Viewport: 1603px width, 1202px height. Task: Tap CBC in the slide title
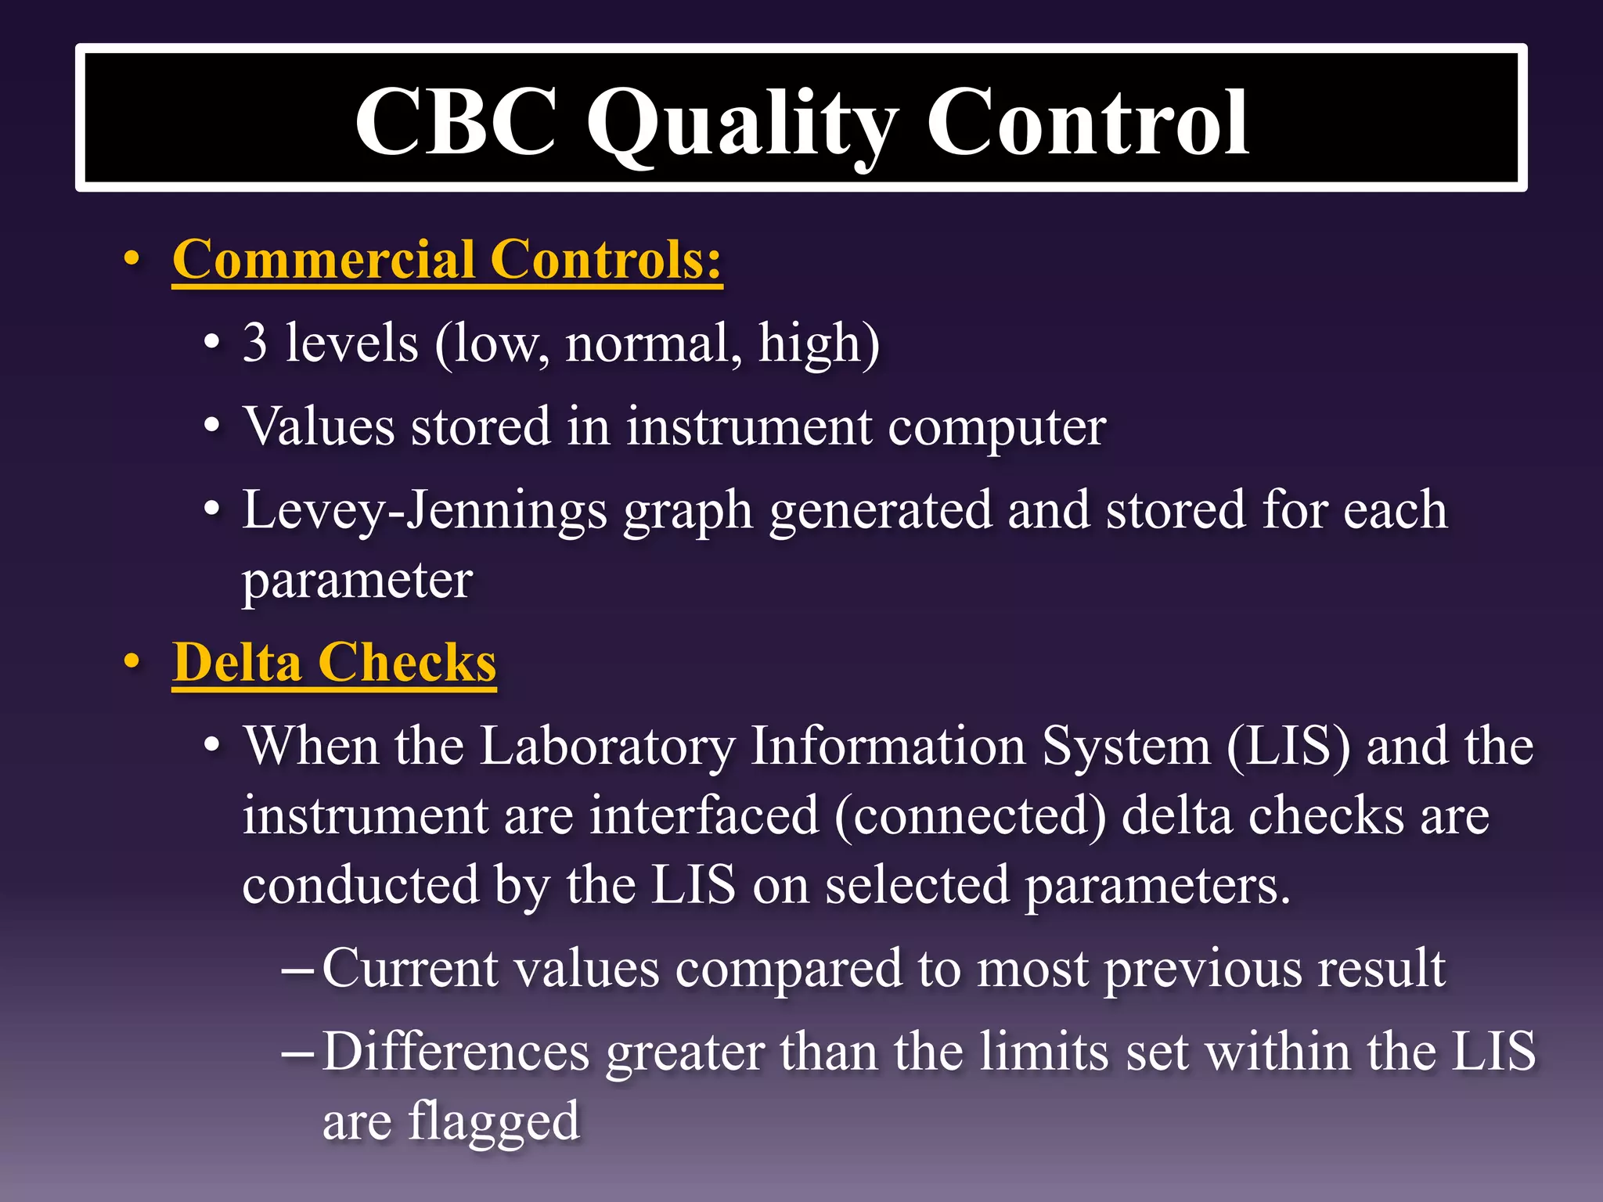pyautogui.click(x=456, y=122)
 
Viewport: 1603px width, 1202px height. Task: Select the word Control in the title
pyautogui.click(x=1087, y=122)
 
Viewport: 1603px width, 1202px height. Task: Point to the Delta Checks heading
pyautogui.click(x=334, y=663)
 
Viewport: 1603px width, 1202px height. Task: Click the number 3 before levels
pyautogui.click(x=255, y=343)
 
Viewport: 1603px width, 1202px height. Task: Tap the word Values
pyautogui.click(x=319, y=427)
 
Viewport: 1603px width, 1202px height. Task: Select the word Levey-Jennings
pyautogui.click(x=424, y=511)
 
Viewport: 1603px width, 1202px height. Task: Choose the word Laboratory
pyautogui.click(x=607, y=746)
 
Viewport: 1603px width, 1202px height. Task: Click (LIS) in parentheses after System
pyautogui.click(x=1288, y=746)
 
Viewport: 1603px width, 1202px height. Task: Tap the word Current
pyautogui.click(x=410, y=969)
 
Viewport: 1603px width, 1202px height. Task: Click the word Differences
pyautogui.click(x=456, y=1052)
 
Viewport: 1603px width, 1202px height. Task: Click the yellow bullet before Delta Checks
pyautogui.click(x=132, y=662)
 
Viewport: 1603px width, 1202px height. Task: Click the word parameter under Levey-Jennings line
pyautogui.click(x=357, y=581)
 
